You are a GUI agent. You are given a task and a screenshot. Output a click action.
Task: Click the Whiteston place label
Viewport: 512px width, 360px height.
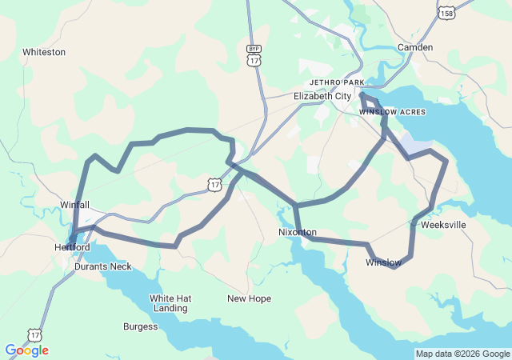click(44, 52)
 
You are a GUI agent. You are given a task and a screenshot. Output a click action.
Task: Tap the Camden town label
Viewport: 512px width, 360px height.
click(415, 48)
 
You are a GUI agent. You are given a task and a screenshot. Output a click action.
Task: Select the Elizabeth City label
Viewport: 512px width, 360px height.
click(322, 96)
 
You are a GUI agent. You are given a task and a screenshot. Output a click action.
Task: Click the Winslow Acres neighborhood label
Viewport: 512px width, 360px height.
click(392, 112)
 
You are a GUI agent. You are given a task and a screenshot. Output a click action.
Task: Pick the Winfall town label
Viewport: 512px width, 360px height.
click(75, 205)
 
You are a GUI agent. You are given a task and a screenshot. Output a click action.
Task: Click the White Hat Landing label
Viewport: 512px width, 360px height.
click(170, 303)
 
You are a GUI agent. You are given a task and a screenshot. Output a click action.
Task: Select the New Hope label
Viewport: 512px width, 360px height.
click(249, 298)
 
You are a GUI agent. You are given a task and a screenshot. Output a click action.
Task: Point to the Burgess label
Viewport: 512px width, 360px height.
click(140, 326)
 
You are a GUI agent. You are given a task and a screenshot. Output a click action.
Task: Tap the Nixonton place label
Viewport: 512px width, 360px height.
click(298, 233)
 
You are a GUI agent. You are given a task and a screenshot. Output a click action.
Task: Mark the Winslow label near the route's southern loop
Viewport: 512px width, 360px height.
click(383, 262)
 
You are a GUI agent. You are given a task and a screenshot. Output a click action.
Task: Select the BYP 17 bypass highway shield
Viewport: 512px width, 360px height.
click(254, 57)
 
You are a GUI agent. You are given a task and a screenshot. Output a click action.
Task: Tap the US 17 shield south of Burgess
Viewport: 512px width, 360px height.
click(34, 335)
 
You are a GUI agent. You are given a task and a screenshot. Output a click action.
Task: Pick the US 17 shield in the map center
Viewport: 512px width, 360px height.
click(214, 185)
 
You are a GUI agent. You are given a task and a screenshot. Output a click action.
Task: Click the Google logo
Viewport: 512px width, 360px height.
click(26, 350)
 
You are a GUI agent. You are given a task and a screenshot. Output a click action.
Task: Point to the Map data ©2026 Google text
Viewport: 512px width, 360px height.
click(462, 354)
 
